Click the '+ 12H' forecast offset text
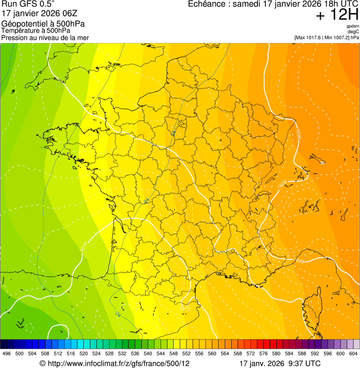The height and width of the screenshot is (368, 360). click(337, 15)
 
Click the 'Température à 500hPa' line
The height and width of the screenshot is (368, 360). click(35, 30)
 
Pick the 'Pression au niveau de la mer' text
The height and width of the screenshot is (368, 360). click(45, 37)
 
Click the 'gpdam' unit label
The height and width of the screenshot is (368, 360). click(353, 26)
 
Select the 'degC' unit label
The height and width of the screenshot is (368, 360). click(353, 32)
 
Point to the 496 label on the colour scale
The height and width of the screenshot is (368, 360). click(7, 353)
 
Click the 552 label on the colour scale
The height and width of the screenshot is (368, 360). click(186, 353)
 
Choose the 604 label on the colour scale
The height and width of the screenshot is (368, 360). click(353, 353)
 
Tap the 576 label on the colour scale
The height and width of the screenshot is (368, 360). click(264, 353)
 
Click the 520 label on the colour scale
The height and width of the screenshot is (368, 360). click(83, 353)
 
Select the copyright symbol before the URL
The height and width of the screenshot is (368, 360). click(42, 363)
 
